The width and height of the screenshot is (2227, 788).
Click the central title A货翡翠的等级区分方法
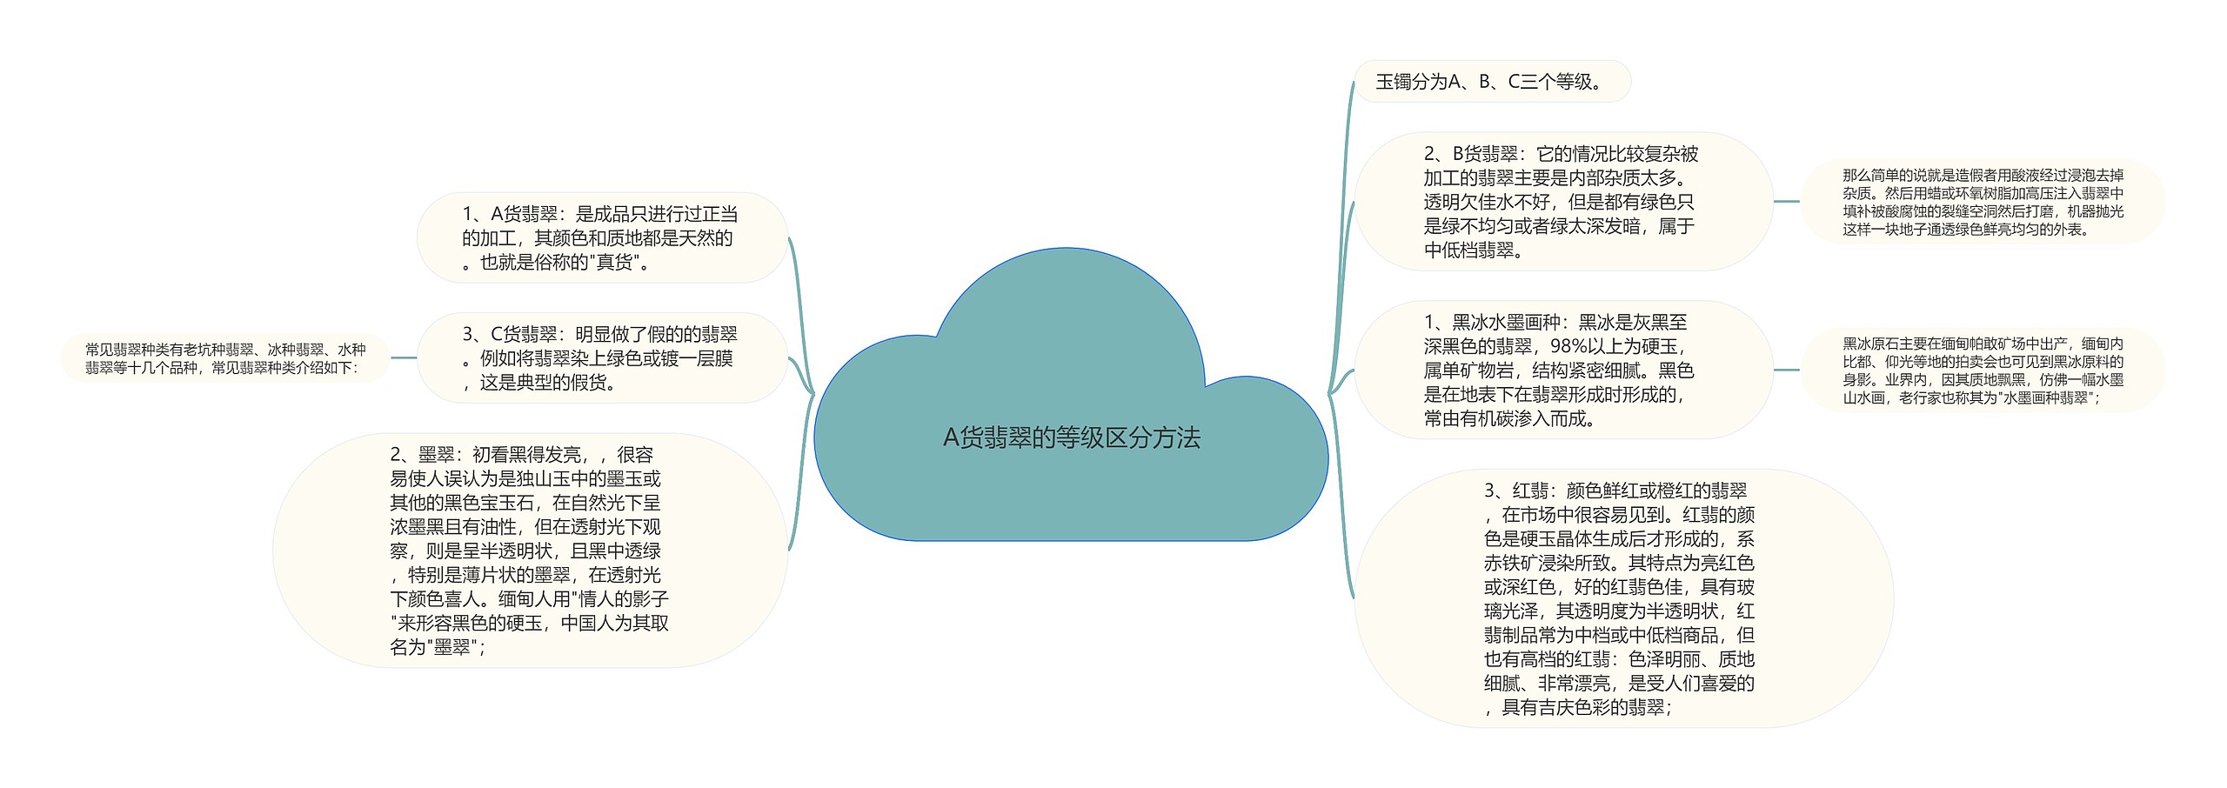(x=1071, y=437)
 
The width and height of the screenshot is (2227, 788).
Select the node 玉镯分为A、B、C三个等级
(x=1491, y=82)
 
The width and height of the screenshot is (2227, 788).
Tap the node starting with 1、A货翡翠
(x=601, y=237)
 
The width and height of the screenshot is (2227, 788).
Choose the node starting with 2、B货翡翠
(x=1562, y=202)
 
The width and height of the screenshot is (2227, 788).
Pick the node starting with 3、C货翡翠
(x=601, y=357)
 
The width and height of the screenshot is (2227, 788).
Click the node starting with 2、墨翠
(x=529, y=550)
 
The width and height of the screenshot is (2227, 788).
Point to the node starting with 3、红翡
(x=1622, y=598)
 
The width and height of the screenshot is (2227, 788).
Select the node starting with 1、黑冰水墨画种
(x=1562, y=370)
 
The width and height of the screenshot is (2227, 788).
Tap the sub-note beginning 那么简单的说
(x=1983, y=202)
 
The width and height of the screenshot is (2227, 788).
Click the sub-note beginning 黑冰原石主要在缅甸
(x=1983, y=371)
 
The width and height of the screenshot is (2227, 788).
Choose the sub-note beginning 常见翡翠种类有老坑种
(x=225, y=357)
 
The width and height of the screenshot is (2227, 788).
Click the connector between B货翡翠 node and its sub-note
(x=1787, y=202)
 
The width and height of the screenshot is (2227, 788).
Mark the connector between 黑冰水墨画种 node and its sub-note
(x=1787, y=370)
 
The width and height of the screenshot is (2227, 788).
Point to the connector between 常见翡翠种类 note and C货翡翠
(x=404, y=357)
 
